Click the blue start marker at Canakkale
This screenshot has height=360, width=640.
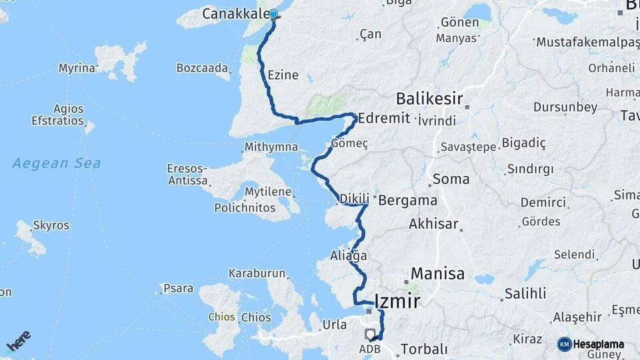[x=273, y=14]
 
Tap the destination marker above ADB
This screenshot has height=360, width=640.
[x=370, y=333]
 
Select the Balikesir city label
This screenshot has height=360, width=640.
[x=429, y=99]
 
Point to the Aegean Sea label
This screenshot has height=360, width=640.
[x=57, y=163]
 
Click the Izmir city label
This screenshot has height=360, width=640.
[x=398, y=301]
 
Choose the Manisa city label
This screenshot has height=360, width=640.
[x=437, y=273]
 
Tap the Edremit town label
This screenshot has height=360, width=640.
[x=383, y=118]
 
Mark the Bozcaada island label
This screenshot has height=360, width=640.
[x=202, y=68]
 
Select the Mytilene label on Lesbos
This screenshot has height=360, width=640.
[x=268, y=192]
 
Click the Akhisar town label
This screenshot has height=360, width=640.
[x=433, y=223]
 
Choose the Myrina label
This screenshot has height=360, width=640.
[x=77, y=68]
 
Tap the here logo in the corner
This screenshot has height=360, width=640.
[x=18, y=341]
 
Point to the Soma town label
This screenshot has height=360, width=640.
[x=451, y=179]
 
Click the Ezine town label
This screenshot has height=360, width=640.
[x=283, y=75]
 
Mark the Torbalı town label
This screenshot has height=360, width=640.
[x=423, y=349]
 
